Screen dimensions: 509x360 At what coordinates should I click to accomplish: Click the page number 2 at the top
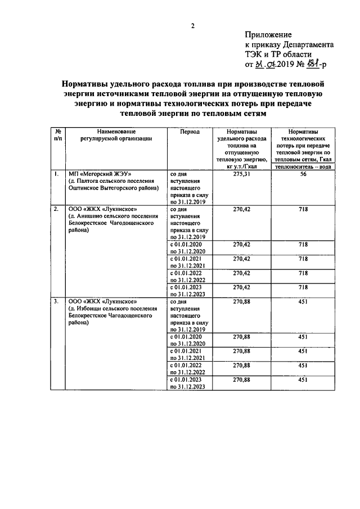click(192, 25)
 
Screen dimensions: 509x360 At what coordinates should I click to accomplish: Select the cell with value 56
click(303, 175)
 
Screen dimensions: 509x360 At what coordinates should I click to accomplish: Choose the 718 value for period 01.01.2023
click(303, 287)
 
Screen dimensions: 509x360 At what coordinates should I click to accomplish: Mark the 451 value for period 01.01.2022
click(303, 366)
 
